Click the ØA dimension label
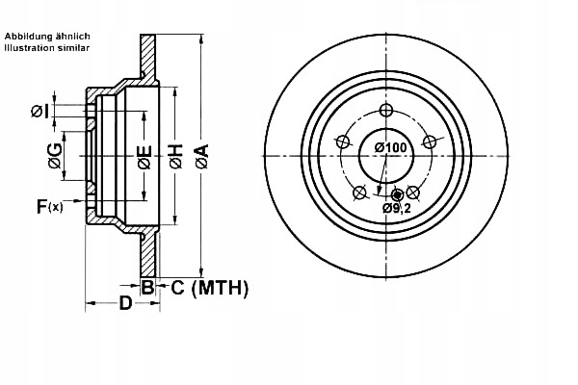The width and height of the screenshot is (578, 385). coord(200,156)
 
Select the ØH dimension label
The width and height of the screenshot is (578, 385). coord(175,156)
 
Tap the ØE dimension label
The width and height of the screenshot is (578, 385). coord(144,156)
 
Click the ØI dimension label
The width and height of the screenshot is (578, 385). coord(39,112)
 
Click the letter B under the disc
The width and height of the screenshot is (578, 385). coord(147,287)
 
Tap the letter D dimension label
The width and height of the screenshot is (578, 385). coord(125,305)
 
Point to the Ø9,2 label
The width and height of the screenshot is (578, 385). coord(397,208)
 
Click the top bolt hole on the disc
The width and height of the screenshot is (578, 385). coord(387,110)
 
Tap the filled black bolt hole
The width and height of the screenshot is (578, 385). coord(397,194)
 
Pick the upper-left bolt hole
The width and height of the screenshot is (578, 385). coord(342,142)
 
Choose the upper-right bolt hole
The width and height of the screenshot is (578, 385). coord(433,142)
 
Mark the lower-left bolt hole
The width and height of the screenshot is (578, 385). coord(360,192)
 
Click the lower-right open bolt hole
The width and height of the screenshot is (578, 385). coord(414,192)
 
